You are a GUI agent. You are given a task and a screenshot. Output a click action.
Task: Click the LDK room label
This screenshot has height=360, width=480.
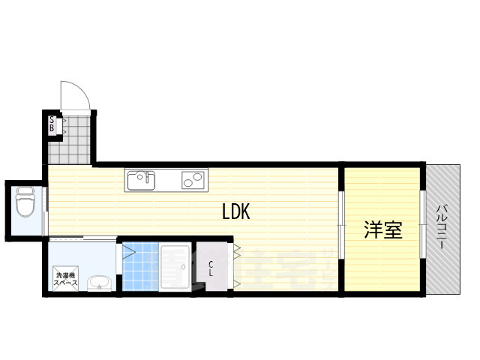(x=235, y=212)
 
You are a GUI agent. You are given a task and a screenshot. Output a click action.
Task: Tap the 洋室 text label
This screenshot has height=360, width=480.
(x=382, y=230)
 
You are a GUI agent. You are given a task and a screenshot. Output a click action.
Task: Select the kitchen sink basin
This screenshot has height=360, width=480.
(x=140, y=181)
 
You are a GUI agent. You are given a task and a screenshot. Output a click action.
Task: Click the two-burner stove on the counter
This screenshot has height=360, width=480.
(x=192, y=180)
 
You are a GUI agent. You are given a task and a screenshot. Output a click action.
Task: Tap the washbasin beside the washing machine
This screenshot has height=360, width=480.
(x=99, y=283)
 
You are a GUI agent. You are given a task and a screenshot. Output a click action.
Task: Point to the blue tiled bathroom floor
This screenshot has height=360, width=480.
(x=140, y=268)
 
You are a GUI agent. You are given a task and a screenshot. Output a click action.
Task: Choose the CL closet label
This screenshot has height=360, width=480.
(x=211, y=268)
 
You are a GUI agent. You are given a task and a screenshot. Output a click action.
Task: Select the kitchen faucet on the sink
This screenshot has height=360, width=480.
(x=149, y=178)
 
